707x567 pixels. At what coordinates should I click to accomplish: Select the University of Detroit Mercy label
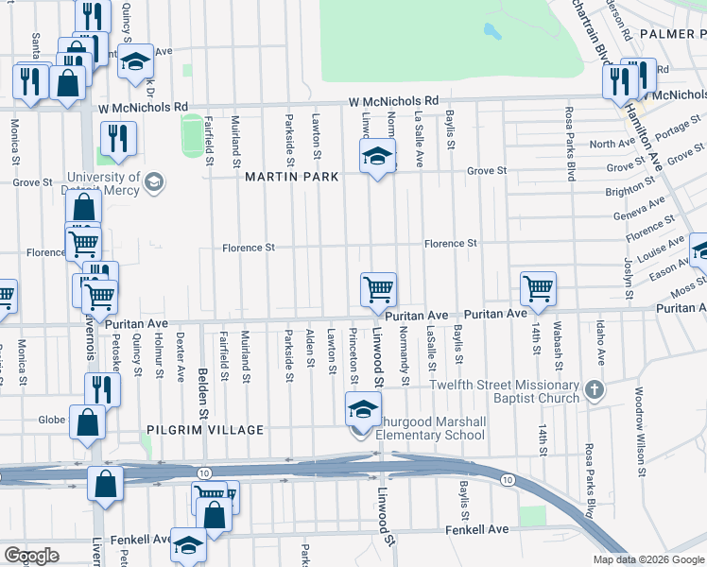click(x=103, y=183)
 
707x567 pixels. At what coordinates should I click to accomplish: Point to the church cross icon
click(x=593, y=389)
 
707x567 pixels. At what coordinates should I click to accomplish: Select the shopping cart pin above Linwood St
click(x=378, y=289)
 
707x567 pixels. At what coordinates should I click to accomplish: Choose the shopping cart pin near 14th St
click(x=538, y=288)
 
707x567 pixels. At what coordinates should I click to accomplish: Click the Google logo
click(x=31, y=556)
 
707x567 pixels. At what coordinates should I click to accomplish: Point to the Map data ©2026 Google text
click(x=647, y=559)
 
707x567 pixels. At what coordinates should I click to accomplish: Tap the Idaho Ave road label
click(x=600, y=342)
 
